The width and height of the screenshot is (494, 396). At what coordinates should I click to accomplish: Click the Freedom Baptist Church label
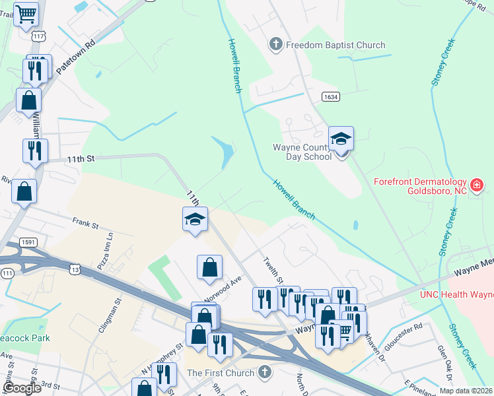click(335, 45)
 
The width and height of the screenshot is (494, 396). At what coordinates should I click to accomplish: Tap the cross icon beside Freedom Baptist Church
click(276, 45)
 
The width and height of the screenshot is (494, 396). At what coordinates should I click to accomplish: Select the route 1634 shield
click(331, 96)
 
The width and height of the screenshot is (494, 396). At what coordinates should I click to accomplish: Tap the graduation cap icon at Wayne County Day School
click(341, 139)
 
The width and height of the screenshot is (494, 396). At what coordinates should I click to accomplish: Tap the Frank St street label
click(85, 224)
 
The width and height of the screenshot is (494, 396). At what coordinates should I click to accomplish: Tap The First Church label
click(221, 373)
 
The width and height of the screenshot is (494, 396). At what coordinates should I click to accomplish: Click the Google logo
click(22, 388)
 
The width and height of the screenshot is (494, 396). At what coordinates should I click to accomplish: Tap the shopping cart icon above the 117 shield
click(26, 13)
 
